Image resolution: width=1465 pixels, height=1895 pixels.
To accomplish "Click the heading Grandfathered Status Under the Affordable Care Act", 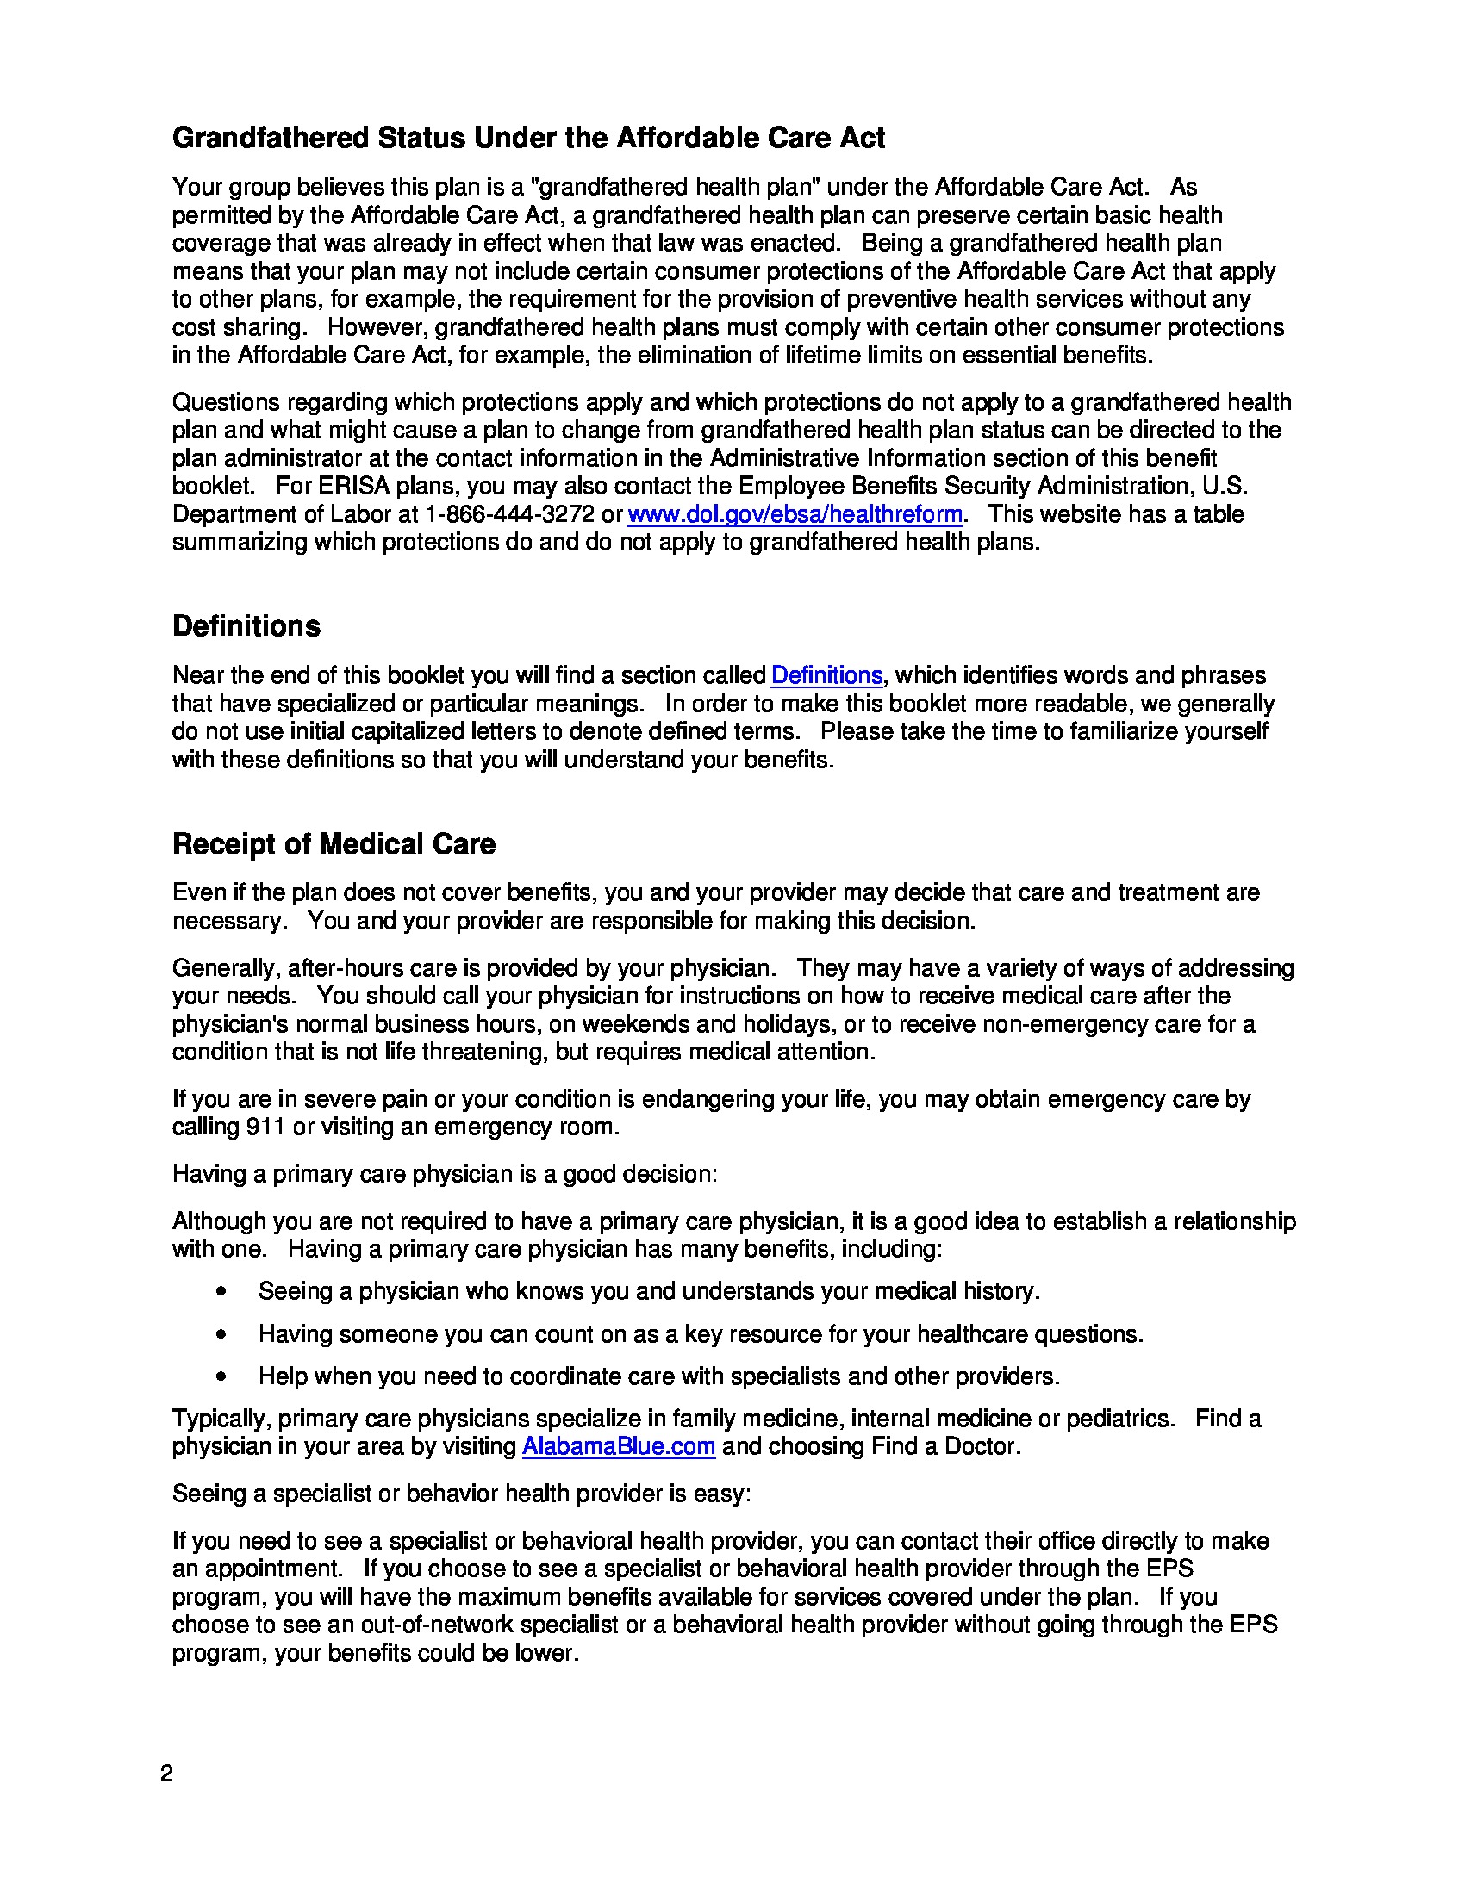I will click(527, 138).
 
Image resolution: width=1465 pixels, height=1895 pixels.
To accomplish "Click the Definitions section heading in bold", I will click(246, 625).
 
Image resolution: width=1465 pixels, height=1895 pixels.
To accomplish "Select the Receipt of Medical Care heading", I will click(334, 843).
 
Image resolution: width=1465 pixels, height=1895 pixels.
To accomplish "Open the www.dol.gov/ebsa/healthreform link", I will click(795, 514).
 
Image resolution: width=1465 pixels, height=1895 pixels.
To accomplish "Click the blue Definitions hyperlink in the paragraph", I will click(826, 675).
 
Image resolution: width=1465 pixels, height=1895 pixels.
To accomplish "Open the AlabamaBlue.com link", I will click(618, 1446).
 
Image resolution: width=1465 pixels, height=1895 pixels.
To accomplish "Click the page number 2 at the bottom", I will click(166, 1774).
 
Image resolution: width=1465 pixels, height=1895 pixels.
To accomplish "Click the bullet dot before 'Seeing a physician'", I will click(222, 1292).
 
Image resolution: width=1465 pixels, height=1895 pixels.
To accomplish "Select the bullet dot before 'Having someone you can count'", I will click(222, 1334).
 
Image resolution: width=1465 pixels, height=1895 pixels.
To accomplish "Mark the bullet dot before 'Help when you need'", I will click(222, 1377).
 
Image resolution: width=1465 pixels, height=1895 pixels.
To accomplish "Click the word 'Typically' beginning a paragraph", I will click(221, 1419).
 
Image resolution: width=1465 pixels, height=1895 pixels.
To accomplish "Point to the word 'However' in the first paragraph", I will click(377, 327).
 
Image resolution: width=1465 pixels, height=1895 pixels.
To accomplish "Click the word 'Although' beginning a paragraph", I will click(219, 1221).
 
